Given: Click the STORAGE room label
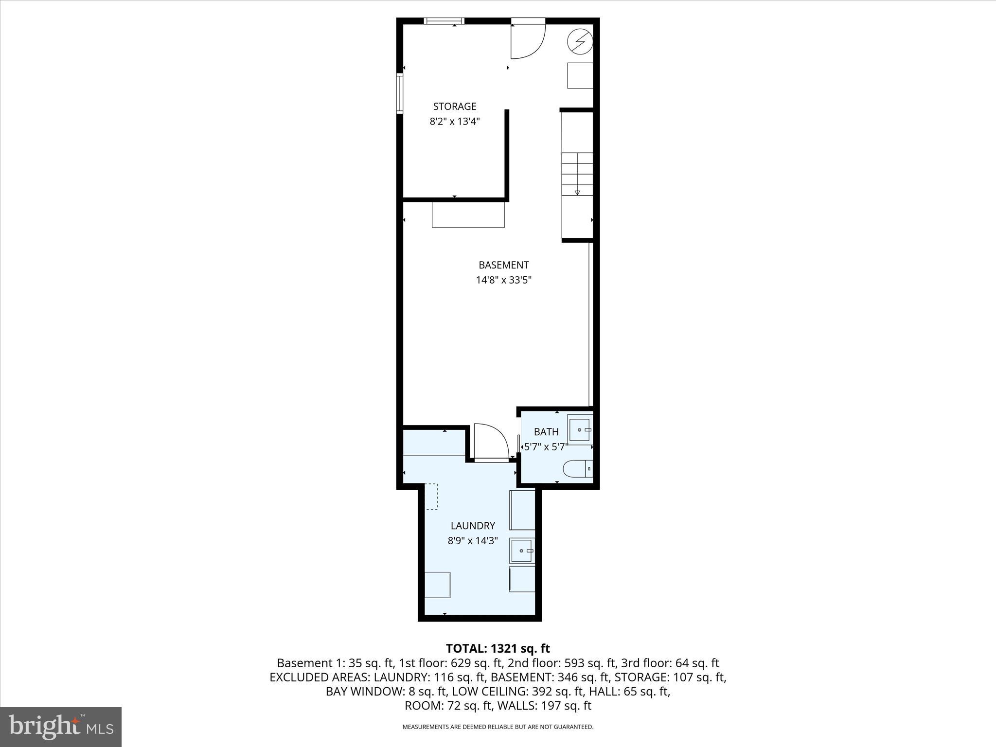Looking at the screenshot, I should click(455, 106).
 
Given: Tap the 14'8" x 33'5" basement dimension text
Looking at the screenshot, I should click(503, 280).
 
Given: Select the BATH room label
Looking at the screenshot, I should click(546, 431).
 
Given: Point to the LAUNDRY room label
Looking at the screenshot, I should click(473, 525).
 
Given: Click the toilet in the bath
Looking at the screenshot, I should click(577, 469).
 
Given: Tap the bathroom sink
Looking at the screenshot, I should click(580, 430).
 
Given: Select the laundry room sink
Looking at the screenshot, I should click(522, 551).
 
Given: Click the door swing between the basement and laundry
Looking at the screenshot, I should click(490, 442).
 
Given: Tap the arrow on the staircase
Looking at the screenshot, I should click(577, 192).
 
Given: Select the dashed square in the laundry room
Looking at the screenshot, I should click(431, 496).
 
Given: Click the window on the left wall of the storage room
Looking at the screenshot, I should click(400, 93).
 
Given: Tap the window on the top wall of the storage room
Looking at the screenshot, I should click(444, 21).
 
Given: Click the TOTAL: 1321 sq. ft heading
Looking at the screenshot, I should click(498, 648).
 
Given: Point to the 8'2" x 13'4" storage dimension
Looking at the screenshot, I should click(455, 122).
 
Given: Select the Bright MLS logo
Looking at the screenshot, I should click(61, 727).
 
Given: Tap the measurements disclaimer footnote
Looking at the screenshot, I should click(498, 727).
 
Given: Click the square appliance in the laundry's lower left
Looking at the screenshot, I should click(437, 585).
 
